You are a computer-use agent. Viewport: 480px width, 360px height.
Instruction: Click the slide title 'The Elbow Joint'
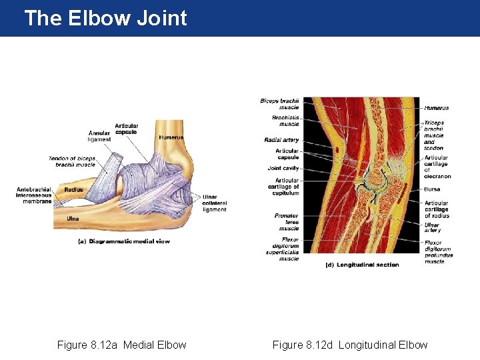pyautogui.click(x=105, y=18)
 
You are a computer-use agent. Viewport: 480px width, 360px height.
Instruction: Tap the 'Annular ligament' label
pyautogui.click(x=100, y=136)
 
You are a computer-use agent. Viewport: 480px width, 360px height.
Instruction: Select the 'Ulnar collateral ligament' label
pyautogui.click(x=215, y=203)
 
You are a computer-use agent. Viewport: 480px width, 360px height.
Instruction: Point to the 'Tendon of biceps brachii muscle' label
pyautogui.click(x=72, y=161)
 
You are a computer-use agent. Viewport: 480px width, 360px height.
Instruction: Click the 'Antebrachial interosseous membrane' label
pyautogui.click(x=34, y=195)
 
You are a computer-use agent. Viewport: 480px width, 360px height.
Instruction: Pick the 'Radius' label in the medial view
pyautogui.click(x=73, y=190)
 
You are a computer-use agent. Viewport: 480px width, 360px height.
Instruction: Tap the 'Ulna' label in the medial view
pyautogui.click(x=73, y=219)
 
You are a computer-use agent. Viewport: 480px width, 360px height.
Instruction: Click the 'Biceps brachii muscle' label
pyautogui.click(x=279, y=103)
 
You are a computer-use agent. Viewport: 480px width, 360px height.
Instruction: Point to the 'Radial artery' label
pyautogui.click(x=281, y=140)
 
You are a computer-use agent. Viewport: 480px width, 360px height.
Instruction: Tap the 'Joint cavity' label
pyautogui.click(x=283, y=168)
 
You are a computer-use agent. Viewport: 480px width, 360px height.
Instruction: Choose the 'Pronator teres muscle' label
pyautogui.click(x=287, y=222)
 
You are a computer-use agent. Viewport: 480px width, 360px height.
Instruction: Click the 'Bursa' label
pyautogui.click(x=432, y=189)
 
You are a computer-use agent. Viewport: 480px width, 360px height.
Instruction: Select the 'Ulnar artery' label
pyautogui.click(x=433, y=227)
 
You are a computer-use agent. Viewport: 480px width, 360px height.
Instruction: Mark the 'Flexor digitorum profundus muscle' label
pyautogui.click(x=438, y=252)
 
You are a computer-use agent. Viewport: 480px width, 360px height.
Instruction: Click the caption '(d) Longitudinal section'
pyautogui.click(x=361, y=265)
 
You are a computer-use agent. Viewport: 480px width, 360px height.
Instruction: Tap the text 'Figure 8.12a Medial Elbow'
pyautogui.click(x=121, y=345)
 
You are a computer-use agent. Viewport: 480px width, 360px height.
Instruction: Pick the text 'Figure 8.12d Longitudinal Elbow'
pyautogui.click(x=350, y=345)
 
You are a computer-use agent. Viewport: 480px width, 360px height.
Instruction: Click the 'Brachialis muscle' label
pyautogui.click(x=285, y=121)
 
